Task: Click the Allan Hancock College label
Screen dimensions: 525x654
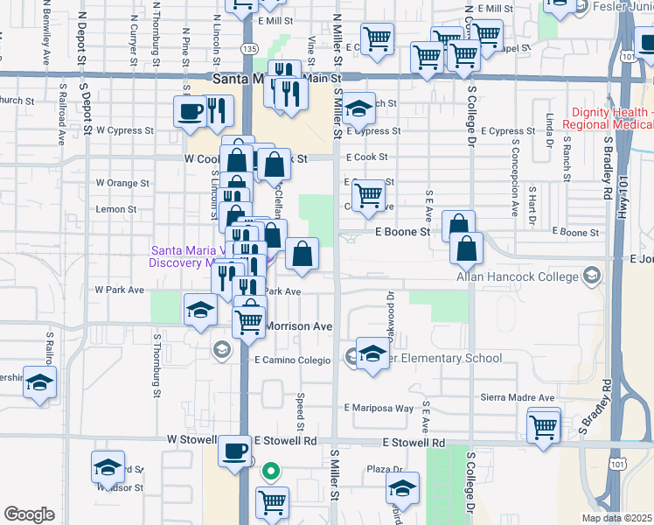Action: (518, 277)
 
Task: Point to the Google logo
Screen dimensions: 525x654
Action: (29, 514)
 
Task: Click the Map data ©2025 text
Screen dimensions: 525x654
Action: (616, 518)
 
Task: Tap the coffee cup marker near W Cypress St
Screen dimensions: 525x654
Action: (190, 111)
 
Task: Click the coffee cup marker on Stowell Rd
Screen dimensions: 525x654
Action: (233, 451)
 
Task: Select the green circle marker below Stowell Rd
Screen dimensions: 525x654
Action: (272, 471)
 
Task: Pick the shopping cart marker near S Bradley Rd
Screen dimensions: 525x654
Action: (544, 427)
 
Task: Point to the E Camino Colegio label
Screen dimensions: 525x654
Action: (292, 360)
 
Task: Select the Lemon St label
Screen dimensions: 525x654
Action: (116, 209)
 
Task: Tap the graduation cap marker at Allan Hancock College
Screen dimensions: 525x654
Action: (594, 277)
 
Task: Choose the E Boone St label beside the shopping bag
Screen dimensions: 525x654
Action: (404, 233)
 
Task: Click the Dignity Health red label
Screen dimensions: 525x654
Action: (610, 118)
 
